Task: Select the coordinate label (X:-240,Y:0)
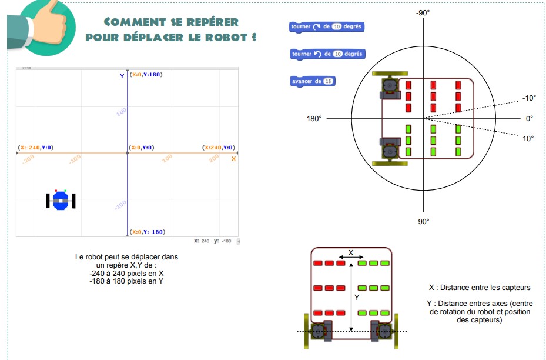39,148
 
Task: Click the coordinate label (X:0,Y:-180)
147,232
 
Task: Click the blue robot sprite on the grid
61,200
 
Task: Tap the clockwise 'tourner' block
328,27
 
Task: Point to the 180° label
314,119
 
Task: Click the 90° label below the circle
424,221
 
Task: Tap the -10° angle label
528,98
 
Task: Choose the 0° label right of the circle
530,119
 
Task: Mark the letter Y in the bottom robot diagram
357,298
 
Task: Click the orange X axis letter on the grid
233,159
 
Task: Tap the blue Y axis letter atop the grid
122,75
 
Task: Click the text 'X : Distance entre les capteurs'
480,288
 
